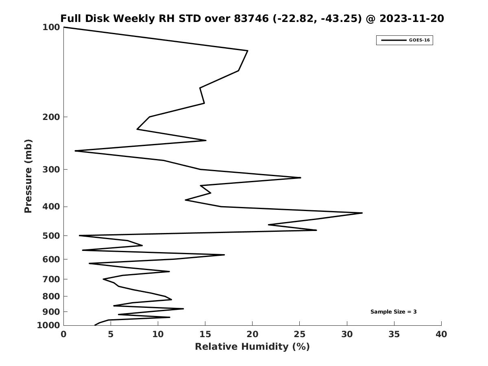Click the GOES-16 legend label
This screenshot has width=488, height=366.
click(x=419, y=40)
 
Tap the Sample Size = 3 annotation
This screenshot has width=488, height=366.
click(x=393, y=312)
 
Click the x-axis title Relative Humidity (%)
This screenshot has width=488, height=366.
click(x=252, y=346)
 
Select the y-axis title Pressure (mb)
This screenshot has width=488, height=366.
click(x=28, y=176)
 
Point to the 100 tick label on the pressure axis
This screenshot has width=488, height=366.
click(x=51, y=27)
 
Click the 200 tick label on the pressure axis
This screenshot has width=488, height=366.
click(x=51, y=117)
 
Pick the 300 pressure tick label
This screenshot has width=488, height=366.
click(x=51, y=170)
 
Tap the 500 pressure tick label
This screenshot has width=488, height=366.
click(x=51, y=236)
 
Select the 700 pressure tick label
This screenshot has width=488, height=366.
click(x=51, y=279)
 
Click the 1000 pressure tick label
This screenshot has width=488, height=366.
click(x=49, y=325)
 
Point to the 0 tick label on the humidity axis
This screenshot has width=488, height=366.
click(x=64, y=335)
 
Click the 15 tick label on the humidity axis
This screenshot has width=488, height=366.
click(x=205, y=335)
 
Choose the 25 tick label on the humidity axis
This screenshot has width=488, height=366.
click(x=300, y=335)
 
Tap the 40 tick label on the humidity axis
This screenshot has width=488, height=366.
click(x=441, y=335)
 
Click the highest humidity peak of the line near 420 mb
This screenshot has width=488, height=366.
click(x=362, y=213)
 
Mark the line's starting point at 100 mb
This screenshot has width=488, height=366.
click(x=64, y=27)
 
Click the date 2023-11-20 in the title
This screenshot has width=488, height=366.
click(x=412, y=19)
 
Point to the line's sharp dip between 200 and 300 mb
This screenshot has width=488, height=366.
click(x=75, y=151)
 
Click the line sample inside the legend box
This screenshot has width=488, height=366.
click(x=393, y=40)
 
